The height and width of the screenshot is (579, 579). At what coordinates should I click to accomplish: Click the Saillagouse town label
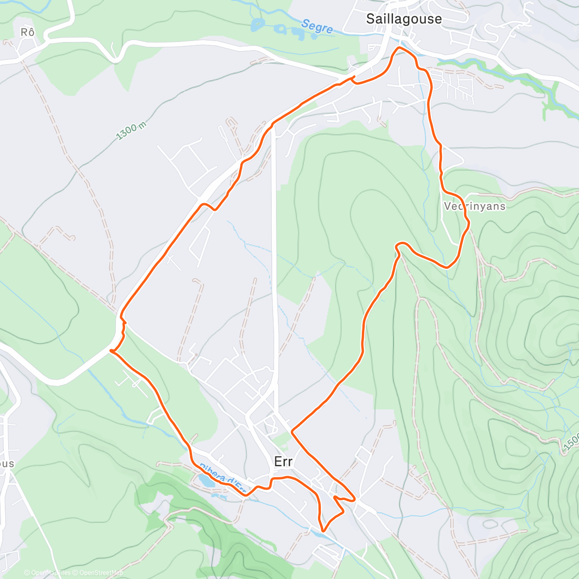pos(404,19)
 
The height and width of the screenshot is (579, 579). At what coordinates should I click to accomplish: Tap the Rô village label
pos(28,32)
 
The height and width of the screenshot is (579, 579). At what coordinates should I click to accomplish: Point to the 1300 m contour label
pos(131,129)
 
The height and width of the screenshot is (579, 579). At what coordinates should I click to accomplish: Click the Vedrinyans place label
pos(474,206)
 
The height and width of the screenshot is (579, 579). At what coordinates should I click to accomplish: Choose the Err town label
pos(283,462)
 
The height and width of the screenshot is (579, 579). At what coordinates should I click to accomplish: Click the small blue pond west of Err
pos(205,481)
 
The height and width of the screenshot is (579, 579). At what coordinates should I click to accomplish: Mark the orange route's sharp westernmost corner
pos(111,351)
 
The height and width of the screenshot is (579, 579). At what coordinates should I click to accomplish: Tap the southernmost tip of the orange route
pos(323,531)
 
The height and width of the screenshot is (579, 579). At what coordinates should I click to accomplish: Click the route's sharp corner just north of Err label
pos(292,429)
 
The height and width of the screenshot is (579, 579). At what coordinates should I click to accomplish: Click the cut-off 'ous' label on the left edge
pos(7,464)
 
